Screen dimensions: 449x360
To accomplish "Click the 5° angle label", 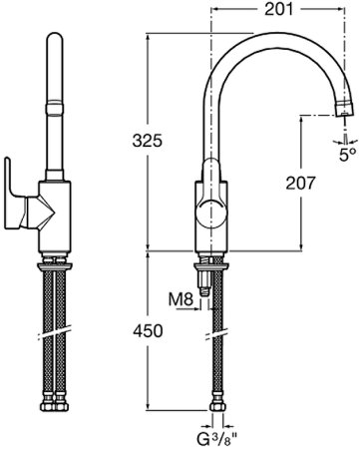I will point(346,155).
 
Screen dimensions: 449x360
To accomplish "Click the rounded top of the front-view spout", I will point(56,44).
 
